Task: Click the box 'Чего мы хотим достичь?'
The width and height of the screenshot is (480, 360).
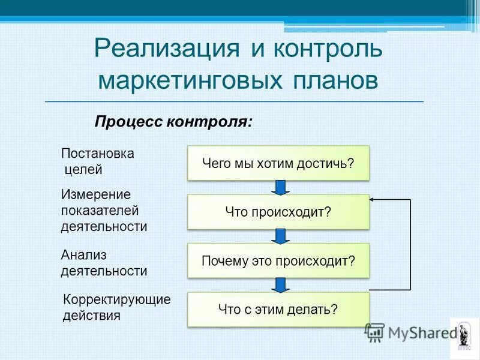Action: point(278,163)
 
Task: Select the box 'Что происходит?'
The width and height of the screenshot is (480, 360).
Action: point(278,212)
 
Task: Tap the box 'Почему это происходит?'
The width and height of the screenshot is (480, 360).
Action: point(278,261)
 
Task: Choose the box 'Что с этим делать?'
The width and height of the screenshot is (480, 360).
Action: point(278,310)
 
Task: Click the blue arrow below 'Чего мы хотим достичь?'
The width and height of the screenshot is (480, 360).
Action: point(279,187)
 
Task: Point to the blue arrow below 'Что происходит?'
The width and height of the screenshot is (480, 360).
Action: point(279,236)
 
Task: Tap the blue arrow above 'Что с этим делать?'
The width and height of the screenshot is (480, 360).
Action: point(279,284)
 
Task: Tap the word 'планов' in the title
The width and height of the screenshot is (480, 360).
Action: point(336,80)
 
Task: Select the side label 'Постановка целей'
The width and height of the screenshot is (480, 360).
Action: point(98,161)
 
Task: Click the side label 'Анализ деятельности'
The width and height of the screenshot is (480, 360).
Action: point(104,263)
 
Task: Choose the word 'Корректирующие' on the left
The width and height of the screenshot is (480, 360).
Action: point(117,299)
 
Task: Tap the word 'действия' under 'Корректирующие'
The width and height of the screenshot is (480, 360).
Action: point(92,315)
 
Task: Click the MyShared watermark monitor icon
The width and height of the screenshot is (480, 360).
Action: point(375,332)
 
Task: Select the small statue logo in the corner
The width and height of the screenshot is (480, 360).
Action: point(464,334)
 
